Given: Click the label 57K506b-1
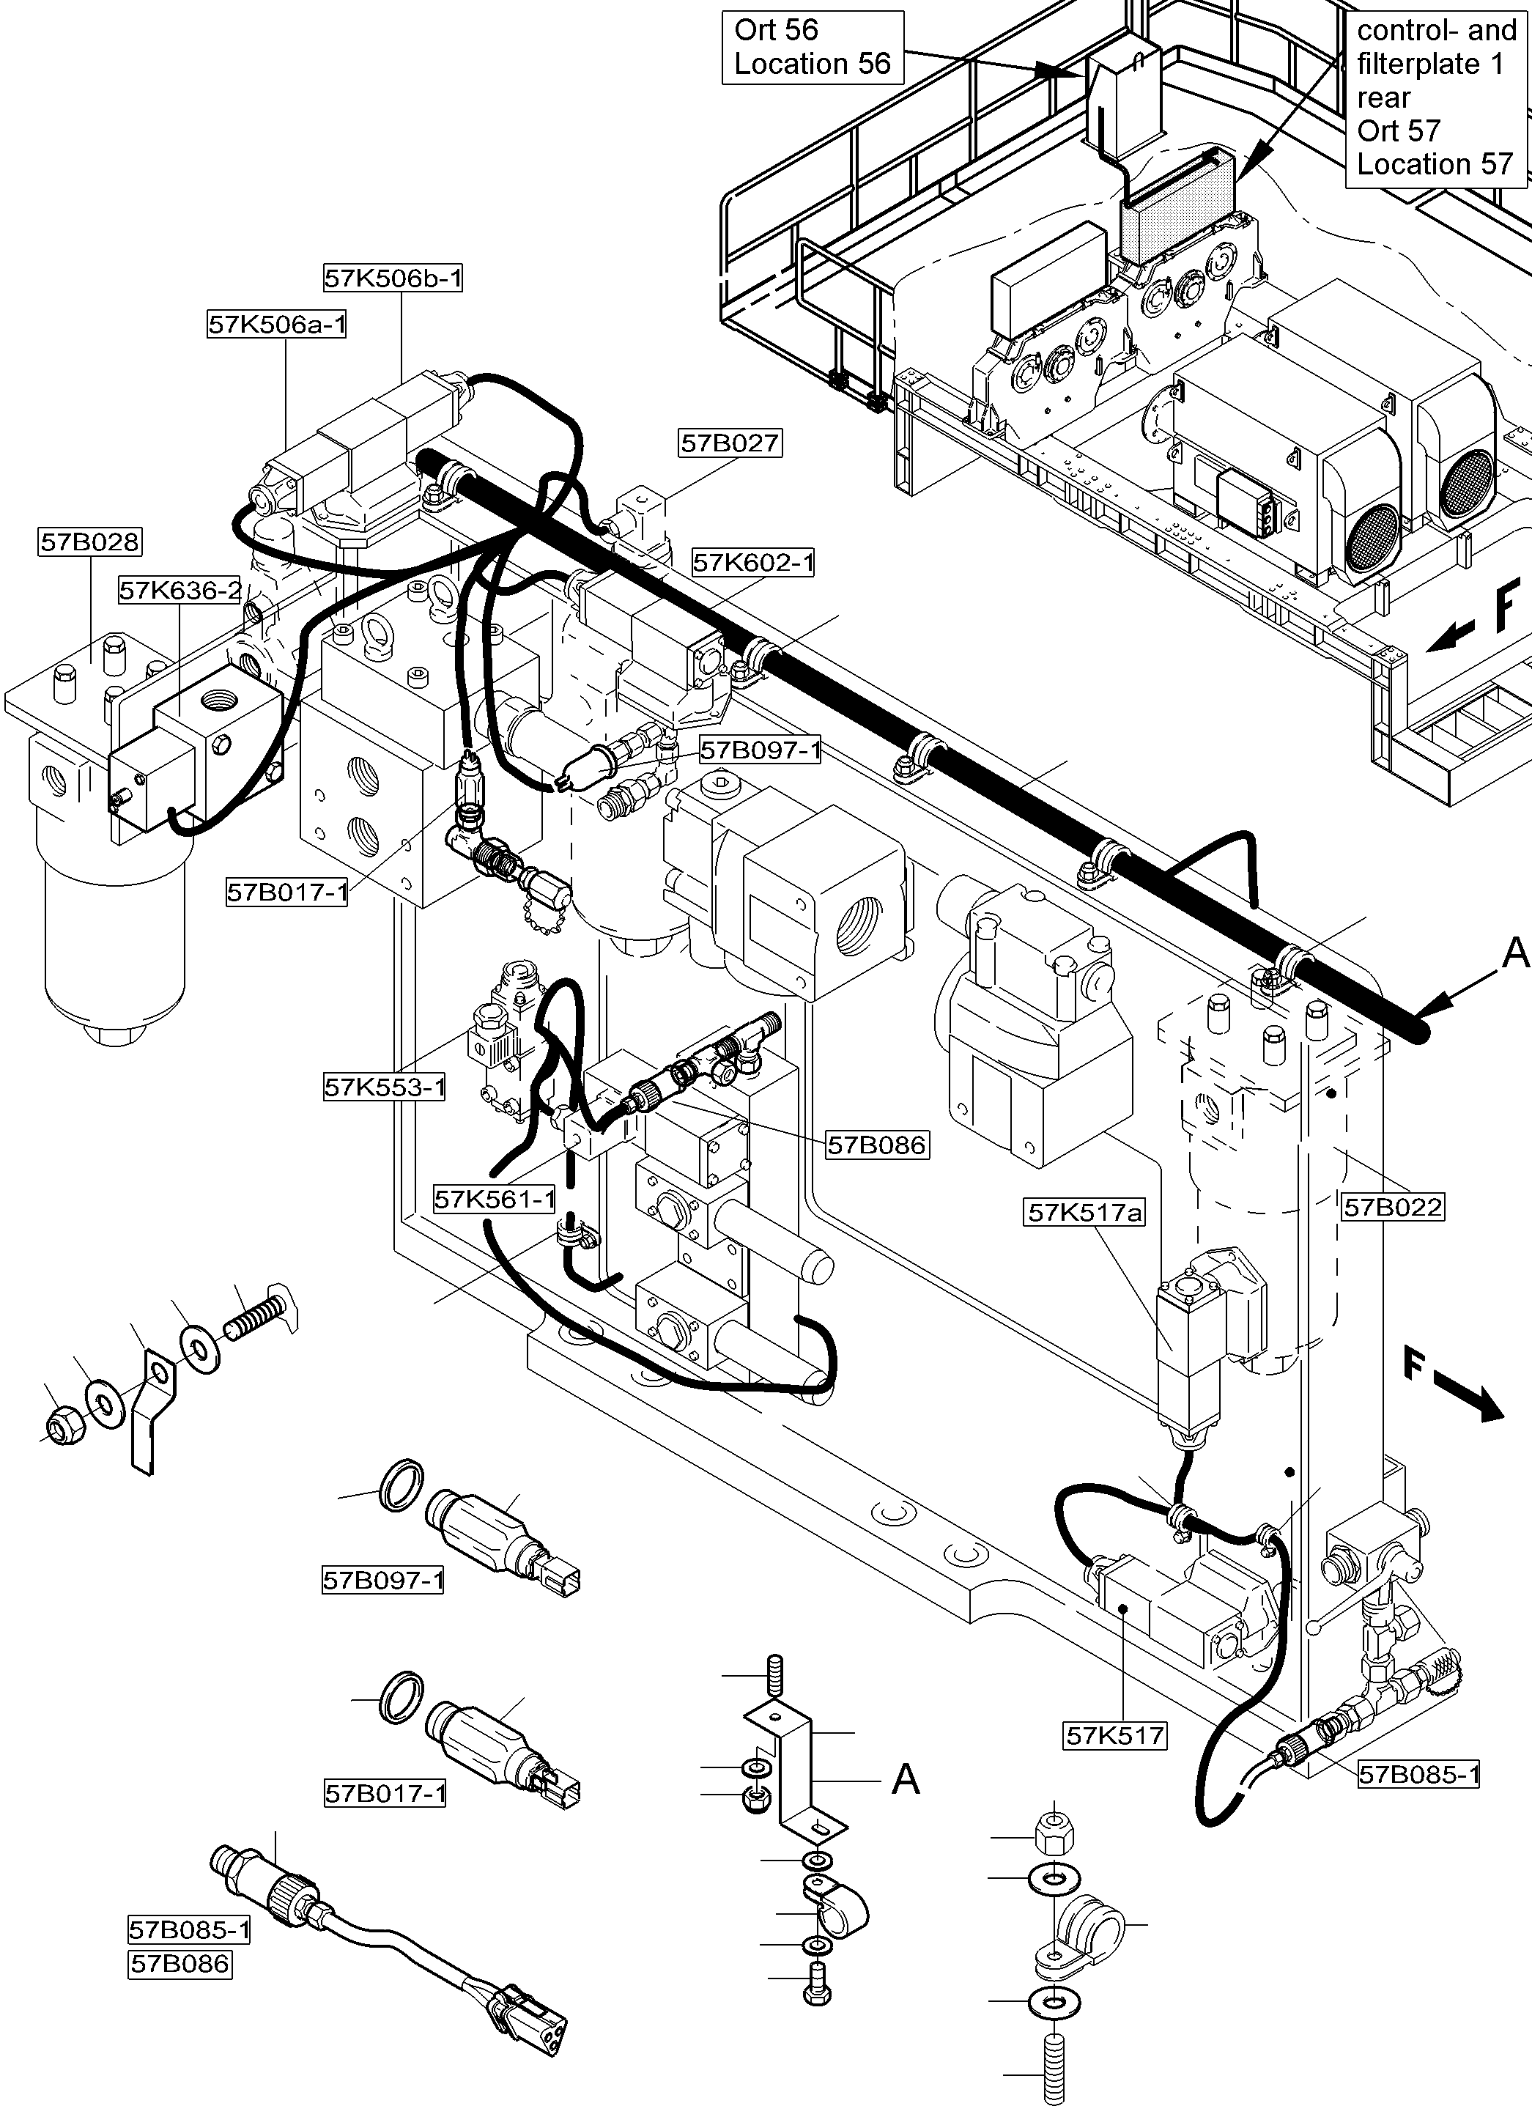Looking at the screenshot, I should pos(393,278).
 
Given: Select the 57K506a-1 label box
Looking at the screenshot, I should pos(277,324).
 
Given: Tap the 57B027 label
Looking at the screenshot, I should pos(730,443).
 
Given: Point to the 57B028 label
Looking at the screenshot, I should pos(90,542).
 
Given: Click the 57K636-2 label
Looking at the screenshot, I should pos(180,590).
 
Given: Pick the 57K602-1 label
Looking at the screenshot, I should pos(753,562).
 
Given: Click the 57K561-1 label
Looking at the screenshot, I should pos(495,1199).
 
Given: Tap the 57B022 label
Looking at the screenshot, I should pos(1393,1207).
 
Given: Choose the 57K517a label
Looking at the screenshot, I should pos(1084,1212).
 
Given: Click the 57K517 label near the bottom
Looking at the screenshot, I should pos(1115,1734).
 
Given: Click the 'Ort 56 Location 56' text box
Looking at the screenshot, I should pos(813,48).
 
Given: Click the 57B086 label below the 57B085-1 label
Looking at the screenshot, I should pos(180,1963).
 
